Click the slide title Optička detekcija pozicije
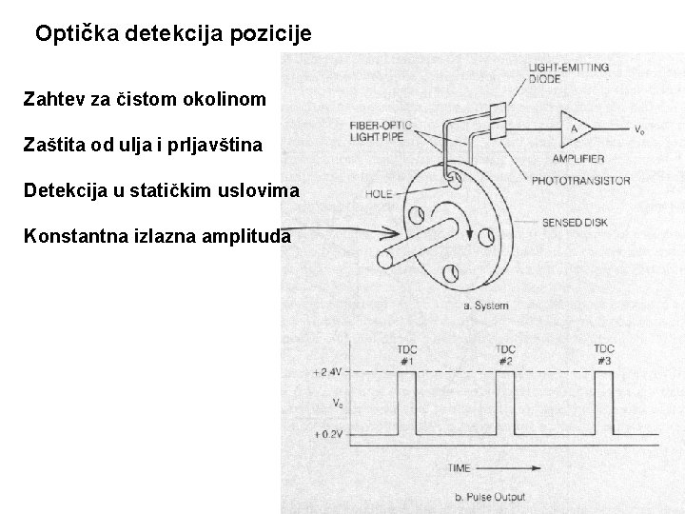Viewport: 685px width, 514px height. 172,34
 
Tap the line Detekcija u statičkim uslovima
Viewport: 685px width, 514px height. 161,190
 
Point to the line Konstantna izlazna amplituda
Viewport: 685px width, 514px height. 157,235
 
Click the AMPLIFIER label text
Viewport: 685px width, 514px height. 577,158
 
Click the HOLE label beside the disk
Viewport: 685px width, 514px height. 379,194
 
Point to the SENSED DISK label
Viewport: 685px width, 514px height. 575,223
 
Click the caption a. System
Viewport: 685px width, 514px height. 484,306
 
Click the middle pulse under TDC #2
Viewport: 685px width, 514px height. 505,402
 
